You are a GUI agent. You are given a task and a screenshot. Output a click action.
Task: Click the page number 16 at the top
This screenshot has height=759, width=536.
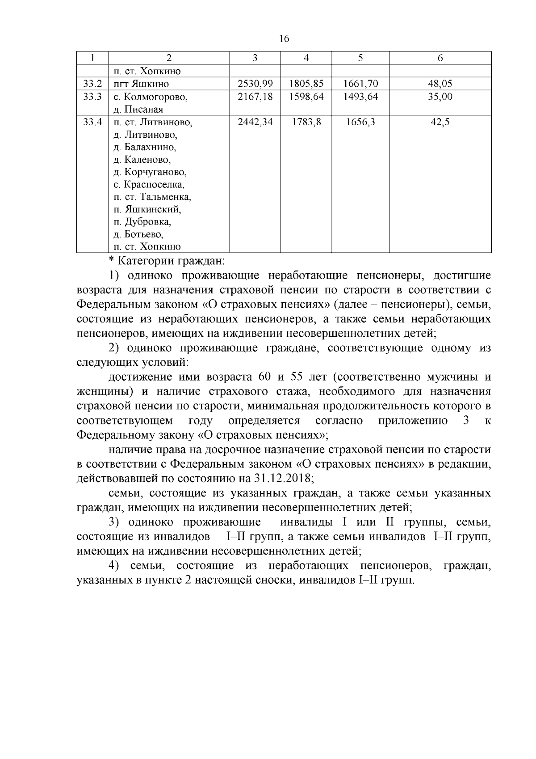[x=284, y=39]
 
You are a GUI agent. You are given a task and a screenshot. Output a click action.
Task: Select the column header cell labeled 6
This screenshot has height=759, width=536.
[x=440, y=58]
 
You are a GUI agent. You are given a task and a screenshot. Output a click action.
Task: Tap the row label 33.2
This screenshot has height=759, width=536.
[x=92, y=84]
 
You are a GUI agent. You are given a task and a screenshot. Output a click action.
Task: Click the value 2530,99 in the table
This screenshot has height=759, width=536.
[x=255, y=84]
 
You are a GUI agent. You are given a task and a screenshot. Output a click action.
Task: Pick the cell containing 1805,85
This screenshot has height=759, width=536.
[x=306, y=84]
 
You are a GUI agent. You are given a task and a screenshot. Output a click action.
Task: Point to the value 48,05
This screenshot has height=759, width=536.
[x=440, y=84]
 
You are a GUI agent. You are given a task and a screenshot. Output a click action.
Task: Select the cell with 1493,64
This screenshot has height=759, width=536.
[x=360, y=97]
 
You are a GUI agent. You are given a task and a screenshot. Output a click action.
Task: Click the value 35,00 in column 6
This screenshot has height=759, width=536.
[x=440, y=97]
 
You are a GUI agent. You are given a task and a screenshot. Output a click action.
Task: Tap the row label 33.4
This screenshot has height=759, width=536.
[x=92, y=122]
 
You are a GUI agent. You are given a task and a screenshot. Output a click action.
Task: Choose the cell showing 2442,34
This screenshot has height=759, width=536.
[x=255, y=122]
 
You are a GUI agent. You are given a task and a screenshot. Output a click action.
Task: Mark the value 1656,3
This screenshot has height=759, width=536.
[x=360, y=122]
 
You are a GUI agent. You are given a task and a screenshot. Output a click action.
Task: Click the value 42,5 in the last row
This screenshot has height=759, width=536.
[x=440, y=122]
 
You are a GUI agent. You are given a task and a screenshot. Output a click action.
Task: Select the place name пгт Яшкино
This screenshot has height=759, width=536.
[x=141, y=84]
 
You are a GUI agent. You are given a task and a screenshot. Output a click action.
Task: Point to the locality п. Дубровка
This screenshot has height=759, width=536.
[x=142, y=222]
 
